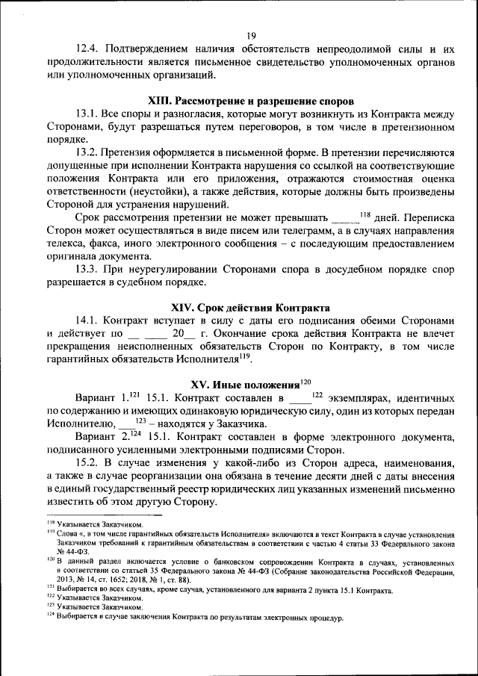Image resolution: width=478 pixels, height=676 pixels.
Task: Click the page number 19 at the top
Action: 251,35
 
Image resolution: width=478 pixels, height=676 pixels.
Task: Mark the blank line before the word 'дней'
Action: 344,218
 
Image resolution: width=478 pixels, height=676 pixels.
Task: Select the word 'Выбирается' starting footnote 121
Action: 77,589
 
